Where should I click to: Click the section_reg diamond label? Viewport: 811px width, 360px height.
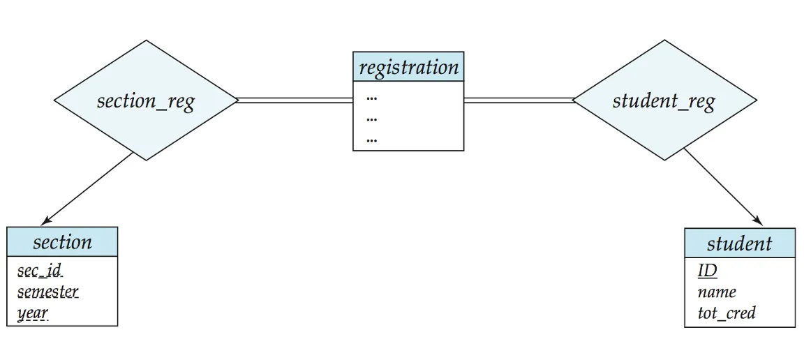(x=146, y=101)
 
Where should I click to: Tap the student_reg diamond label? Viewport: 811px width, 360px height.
(x=664, y=101)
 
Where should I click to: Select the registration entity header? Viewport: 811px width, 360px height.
(x=408, y=67)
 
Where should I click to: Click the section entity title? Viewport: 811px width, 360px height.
(x=63, y=242)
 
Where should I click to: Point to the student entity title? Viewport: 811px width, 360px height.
(x=740, y=243)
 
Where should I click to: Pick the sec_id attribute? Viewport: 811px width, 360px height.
(x=40, y=271)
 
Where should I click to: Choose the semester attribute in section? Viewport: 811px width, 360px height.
(x=48, y=292)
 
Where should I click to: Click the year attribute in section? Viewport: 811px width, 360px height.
(x=33, y=314)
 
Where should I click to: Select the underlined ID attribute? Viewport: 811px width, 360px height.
(x=707, y=271)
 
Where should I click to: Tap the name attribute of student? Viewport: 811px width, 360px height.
(x=716, y=292)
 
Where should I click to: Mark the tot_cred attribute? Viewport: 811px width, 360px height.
(x=726, y=313)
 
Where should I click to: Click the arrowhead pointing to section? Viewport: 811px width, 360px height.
(x=45, y=221)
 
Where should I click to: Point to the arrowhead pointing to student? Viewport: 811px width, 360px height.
(x=758, y=221)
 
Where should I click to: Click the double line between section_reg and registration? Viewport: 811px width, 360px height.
(x=295, y=100)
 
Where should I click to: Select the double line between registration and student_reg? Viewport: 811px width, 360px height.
(x=519, y=100)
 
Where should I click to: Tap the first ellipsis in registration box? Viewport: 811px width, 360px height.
(x=371, y=98)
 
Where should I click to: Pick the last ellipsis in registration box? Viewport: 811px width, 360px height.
(x=371, y=140)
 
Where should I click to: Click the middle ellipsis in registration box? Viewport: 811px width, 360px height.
(x=371, y=119)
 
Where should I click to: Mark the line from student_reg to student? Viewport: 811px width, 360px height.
(x=724, y=187)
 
